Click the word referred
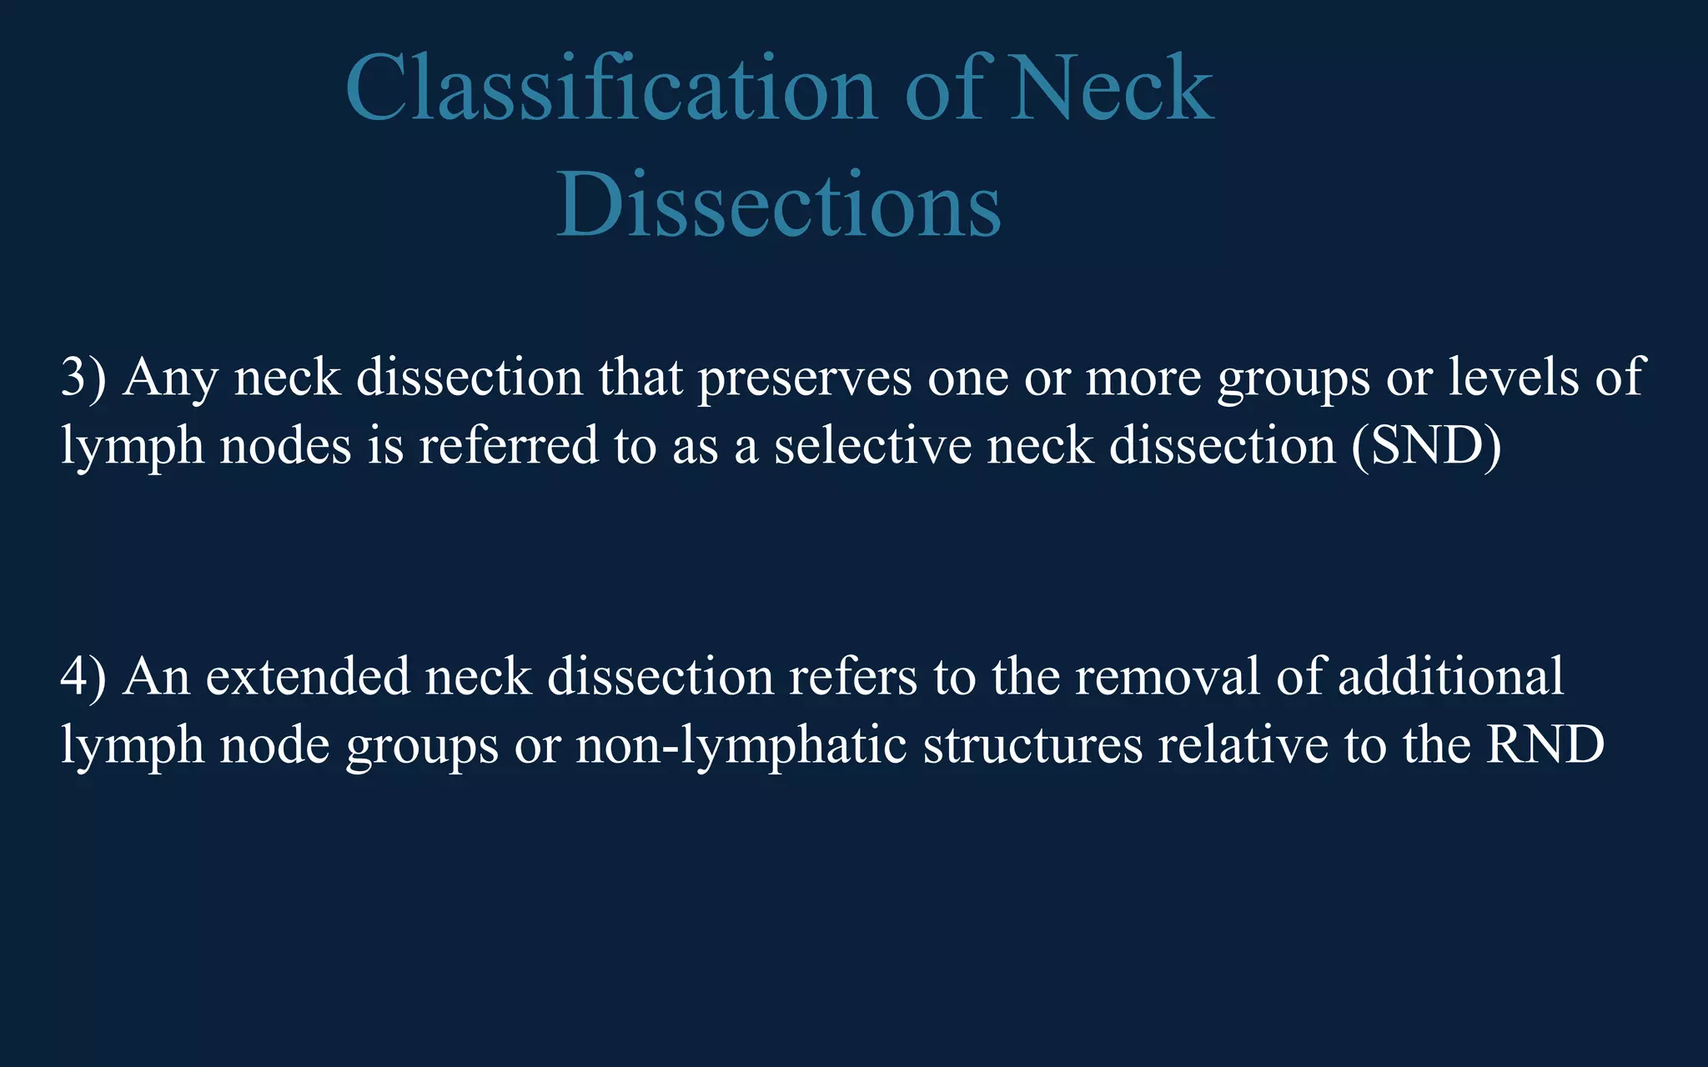[x=508, y=445]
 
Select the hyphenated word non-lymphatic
[x=741, y=744]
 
